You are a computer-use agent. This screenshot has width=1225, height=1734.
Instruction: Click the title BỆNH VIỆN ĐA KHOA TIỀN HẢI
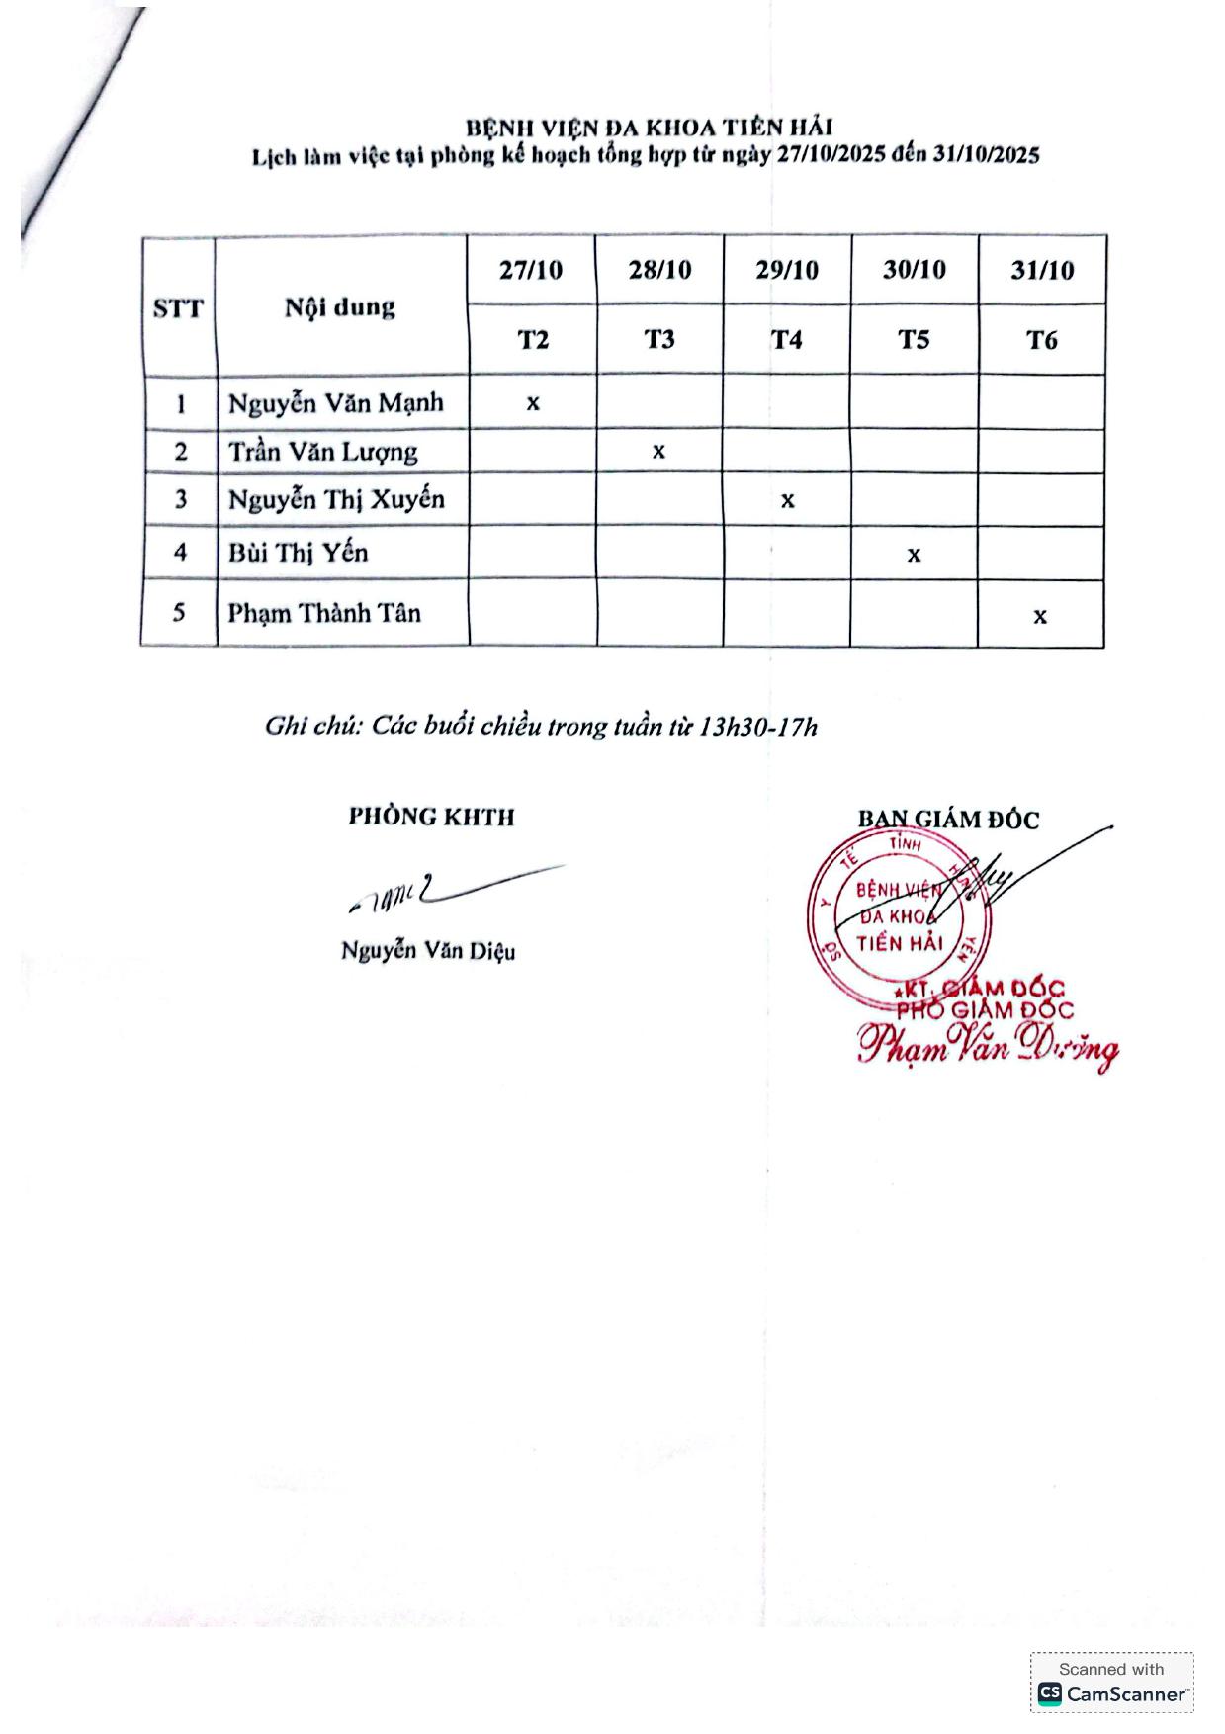pos(649,128)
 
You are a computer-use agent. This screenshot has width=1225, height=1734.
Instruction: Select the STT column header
pos(178,308)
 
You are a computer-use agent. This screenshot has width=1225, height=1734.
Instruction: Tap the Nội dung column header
pos(340,307)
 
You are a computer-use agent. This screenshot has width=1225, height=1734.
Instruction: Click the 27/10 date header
pos(531,270)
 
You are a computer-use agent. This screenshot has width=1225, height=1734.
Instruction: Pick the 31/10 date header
pos(1042,271)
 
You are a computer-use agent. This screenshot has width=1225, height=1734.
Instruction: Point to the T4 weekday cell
pos(787,340)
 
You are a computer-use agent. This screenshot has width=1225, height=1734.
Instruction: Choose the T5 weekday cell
pos(914,340)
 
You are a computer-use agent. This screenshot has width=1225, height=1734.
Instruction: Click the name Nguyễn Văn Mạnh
pos(335,403)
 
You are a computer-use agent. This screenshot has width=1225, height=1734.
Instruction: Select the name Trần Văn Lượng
pos(323,452)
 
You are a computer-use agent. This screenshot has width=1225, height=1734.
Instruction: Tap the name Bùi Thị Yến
pos(298,552)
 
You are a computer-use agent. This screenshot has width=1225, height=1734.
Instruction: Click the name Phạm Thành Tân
pos(324,613)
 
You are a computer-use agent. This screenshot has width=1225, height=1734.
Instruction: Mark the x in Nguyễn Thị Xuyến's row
pos(787,500)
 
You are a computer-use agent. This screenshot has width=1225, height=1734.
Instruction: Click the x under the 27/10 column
pos(533,403)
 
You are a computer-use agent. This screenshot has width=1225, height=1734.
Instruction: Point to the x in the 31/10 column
pos(1040,616)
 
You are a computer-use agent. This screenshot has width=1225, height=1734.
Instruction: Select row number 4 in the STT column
pos(180,552)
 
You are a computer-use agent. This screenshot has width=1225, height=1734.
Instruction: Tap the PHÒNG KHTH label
pos(431,817)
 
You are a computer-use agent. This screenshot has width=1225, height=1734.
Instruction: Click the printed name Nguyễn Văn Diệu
pos(427,951)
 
